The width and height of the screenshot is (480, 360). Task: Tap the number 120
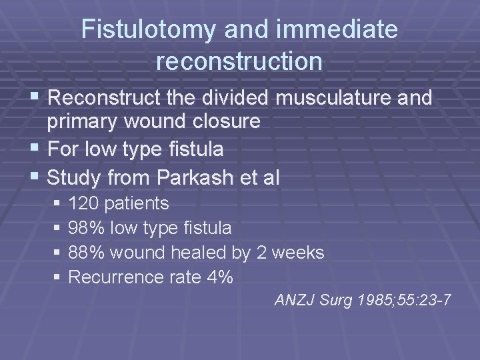(82, 203)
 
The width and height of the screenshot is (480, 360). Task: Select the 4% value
(219, 277)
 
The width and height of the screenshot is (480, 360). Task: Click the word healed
(199, 253)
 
